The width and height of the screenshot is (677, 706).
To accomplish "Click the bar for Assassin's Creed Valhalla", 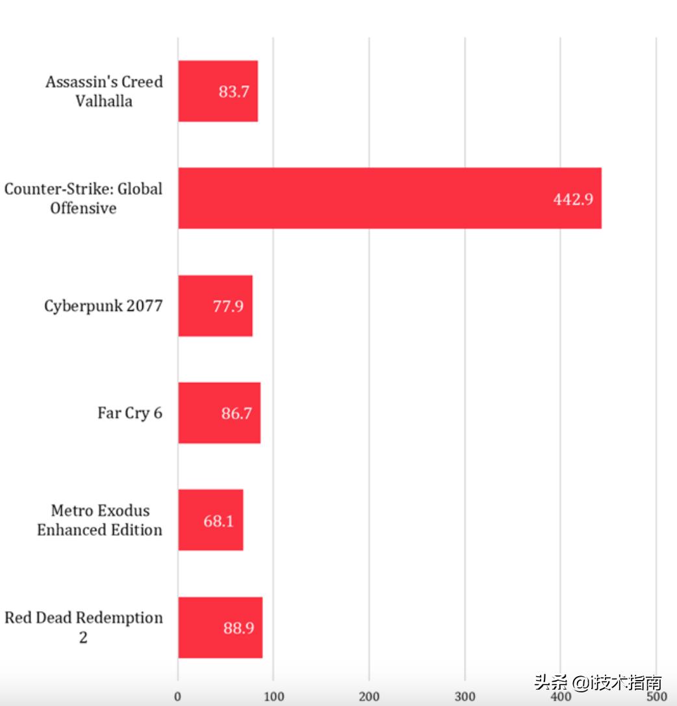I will coord(218,91).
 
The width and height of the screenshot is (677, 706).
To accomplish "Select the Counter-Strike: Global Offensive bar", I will coord(390,198).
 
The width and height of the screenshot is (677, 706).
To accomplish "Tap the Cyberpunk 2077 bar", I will coord(215,306).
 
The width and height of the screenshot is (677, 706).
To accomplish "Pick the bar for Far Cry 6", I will coord(219,413).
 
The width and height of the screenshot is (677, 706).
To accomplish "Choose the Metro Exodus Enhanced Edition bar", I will coord(211,520).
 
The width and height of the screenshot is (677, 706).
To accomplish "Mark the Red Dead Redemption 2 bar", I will coord(220,627).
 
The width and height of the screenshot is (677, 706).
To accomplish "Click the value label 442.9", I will coord(573,200).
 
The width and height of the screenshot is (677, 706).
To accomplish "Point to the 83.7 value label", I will coord(234,92).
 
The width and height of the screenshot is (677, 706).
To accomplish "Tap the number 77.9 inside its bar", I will coord(228,306).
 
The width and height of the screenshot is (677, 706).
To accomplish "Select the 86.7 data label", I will coord(236,413).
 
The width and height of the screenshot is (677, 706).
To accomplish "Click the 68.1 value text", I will coord(218,521).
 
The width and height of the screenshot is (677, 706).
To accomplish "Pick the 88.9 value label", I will coord(238,628).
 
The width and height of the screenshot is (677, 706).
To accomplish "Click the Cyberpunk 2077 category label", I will coord(103,306).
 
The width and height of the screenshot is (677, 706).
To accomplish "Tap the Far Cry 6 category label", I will coord(130,413).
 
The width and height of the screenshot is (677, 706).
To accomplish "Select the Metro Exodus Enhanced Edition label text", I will coord(99,520).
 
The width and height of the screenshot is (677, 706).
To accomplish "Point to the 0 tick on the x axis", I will coord(178,697).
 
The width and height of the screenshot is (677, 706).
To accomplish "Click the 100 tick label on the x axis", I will coord(274,697).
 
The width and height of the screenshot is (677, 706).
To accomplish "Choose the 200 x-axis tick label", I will coord(369,697).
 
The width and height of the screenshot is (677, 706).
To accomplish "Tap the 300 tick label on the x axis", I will coord(465,697).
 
